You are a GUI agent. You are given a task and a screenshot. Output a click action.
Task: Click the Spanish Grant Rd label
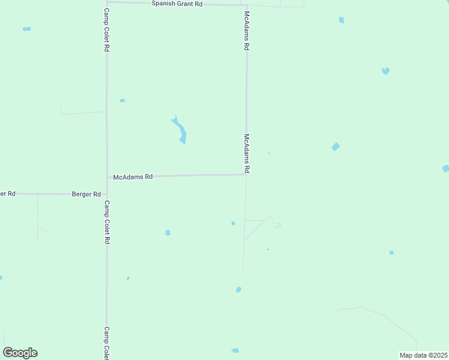point(176,4)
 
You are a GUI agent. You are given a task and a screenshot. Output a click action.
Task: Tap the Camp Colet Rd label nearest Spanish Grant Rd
point(106,29)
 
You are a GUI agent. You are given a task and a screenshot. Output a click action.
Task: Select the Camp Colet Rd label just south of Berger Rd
point(106,221)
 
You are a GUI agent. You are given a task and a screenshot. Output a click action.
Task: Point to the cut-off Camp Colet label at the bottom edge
point(106,343)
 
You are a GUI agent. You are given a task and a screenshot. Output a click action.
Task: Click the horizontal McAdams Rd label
point(133,177)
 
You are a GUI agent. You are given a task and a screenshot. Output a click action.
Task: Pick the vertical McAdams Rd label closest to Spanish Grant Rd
point(246,31)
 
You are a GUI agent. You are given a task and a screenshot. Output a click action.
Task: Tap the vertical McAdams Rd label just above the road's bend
point(247,154)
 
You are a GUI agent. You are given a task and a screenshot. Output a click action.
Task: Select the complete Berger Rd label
point(86,194)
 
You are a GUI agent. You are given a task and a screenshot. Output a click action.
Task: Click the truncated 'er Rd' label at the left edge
point(8,194)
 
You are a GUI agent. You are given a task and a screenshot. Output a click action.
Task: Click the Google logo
point(20,353)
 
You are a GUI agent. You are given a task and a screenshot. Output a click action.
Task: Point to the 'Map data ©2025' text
point(424,355)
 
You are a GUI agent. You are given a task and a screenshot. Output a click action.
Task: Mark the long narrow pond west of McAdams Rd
point(179,130)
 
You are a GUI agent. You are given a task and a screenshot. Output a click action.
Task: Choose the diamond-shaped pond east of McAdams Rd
point(336,146)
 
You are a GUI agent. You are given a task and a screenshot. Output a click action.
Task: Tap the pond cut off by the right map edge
point(445,169)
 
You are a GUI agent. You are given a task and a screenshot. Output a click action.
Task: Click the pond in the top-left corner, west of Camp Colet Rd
point(26,29)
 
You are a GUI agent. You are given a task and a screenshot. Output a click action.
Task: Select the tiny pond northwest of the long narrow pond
point(122,100)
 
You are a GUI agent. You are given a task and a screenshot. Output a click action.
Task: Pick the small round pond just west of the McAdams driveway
point(234,223)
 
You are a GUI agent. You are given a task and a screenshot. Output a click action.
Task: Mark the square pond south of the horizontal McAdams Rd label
point(168,233)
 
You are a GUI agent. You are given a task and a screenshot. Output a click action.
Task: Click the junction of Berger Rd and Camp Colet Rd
point(107,194)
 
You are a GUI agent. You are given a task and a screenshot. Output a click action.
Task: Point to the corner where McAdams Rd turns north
point(246,175)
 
